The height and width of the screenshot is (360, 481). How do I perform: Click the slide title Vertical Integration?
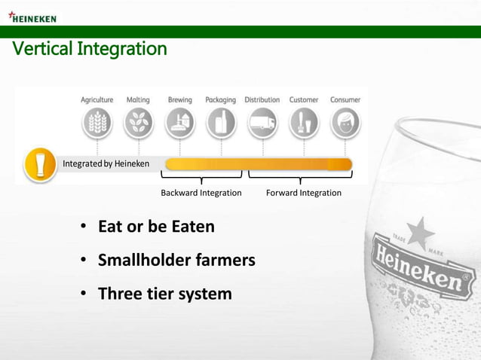(x=89, y=50)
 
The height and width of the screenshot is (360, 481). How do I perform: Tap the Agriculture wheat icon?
(x=97, y=122)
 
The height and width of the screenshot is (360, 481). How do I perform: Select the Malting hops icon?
(x=138, y=122)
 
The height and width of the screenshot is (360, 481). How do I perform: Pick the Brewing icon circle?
(x=179, y=122)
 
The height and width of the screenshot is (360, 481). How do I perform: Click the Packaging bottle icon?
(x=221, y=122)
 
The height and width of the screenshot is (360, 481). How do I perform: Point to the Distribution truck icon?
(x=262, y=122)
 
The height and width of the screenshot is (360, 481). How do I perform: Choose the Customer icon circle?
(x=304, y=122)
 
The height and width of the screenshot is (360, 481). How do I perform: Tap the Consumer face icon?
(x=345, y=122)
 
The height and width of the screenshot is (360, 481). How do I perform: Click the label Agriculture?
(x=97, y=99)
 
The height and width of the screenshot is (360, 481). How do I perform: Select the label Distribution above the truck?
(x=262, y=99)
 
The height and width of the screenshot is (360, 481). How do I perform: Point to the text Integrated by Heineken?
(x=106, y=164)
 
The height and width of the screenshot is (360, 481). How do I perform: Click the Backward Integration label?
(x=201, y=193)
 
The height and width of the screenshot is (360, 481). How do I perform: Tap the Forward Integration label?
(x=304, y=193)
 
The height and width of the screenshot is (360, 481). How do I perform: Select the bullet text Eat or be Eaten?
(x=156, y=227)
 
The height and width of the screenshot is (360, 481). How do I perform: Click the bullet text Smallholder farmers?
(x=176, y=261)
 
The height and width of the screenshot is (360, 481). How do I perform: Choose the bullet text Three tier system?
(x=165, y=294)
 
